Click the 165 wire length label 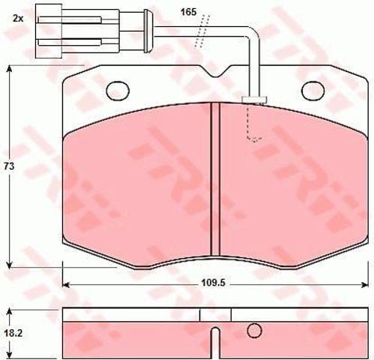tap(189, 12)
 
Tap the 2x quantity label tap(18, 19)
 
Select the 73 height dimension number tap(9, 166)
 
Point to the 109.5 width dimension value tap(214, 283)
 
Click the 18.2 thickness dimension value tap(13, 333)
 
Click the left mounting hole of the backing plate tap(118, 91)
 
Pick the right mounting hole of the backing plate tap(313, 91)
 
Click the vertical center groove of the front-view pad tap(215, 179)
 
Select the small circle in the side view tap(254, 331)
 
